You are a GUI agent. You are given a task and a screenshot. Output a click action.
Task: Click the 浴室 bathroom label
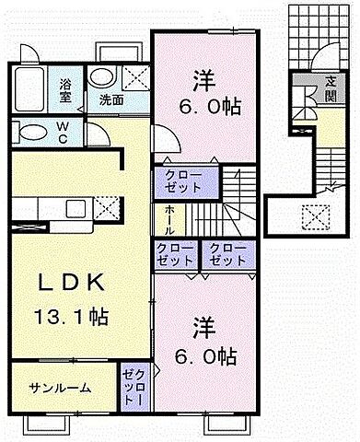point(66,88)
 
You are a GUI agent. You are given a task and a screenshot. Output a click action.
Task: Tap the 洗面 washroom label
point(112,99)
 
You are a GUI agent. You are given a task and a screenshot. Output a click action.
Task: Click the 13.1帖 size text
point(70,318)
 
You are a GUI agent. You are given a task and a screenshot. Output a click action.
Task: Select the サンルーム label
point(59,387)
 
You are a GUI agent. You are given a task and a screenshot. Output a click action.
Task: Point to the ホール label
point(171,219)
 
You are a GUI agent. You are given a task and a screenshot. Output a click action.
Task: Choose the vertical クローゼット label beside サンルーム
point(129,387)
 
